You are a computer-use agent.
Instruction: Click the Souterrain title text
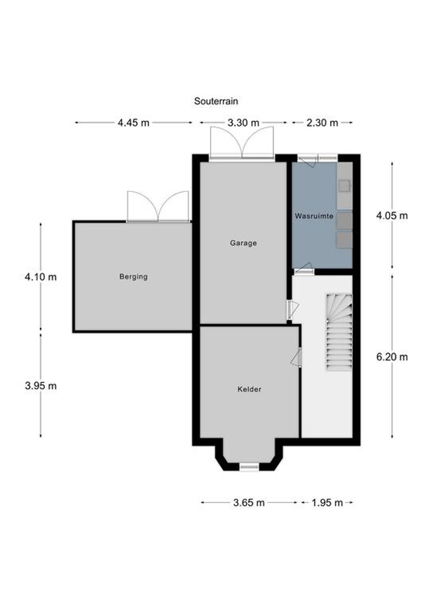coord(216,101)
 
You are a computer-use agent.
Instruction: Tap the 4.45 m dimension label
coord(134,123)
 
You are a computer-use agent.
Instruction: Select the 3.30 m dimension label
coord(243,123)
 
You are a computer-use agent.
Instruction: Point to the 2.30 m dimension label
coord(322,123)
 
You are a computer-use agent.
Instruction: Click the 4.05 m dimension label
coord(392,216)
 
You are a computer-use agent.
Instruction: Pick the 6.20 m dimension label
coord(392,357)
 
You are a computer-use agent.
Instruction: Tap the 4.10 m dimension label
coord(41,277)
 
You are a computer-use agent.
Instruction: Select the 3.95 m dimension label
coord(41,386)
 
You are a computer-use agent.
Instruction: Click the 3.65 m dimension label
coord(249,503)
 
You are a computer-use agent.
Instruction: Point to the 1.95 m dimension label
coord(327,503)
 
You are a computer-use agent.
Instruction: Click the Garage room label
coord(243,243)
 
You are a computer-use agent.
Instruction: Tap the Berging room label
coord(133,277)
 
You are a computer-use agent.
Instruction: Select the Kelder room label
coord(249,389)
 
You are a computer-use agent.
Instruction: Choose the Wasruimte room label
coord(314,216)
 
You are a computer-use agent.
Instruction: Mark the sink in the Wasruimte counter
coord(345,186)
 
